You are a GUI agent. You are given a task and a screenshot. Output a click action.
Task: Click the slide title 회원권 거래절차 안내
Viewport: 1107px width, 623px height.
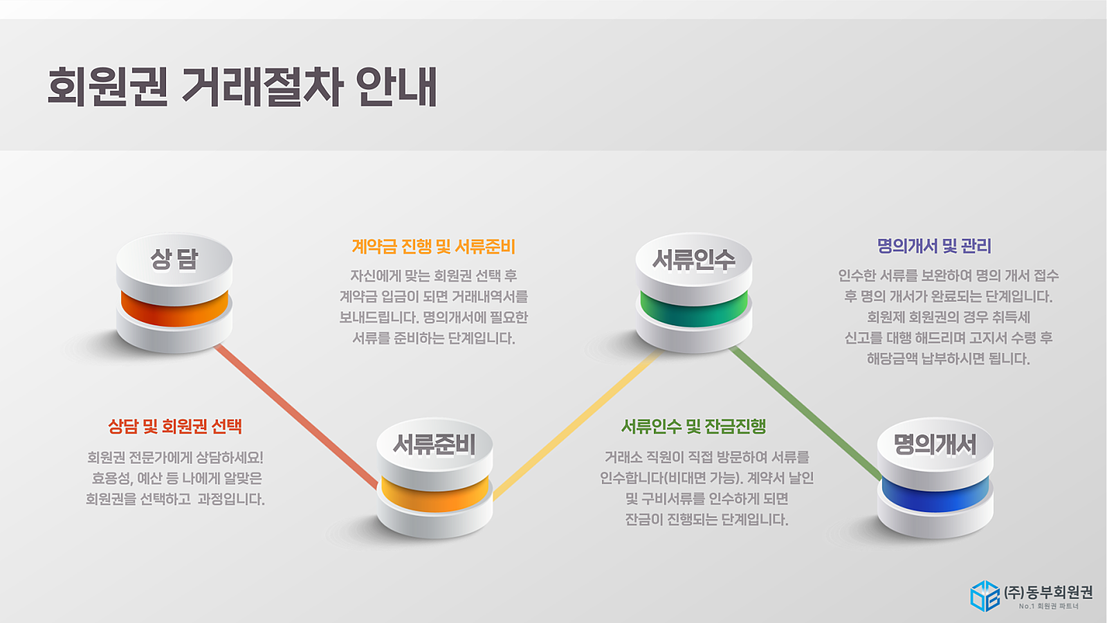click(x=242, y=87)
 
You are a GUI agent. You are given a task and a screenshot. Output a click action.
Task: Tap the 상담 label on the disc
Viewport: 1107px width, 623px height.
click(x=174, y=259)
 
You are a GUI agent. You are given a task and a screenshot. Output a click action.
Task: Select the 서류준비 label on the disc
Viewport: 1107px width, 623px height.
click(x=434, y=444)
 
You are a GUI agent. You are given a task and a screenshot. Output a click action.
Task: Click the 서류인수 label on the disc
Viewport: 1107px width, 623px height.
click(x=694, y=260)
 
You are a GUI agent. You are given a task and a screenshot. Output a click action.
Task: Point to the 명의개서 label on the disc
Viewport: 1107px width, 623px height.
click(x=935, y=444)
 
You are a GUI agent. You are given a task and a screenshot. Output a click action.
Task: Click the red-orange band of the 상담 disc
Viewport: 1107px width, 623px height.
click(x=174, y=309)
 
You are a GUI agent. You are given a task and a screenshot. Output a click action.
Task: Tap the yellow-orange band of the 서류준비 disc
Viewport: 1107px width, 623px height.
click(x=435, y=495)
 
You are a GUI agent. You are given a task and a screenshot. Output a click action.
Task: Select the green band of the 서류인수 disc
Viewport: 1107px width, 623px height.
click(x=694, y=309)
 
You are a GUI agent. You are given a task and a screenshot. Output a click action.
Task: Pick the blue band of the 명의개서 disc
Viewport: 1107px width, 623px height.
click(x=935, y=495)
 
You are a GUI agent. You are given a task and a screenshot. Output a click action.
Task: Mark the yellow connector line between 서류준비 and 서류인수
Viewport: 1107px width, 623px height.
click(x=577, y=425)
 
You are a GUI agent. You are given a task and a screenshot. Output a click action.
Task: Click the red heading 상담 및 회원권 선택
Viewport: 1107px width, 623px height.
click(x=175, y=426)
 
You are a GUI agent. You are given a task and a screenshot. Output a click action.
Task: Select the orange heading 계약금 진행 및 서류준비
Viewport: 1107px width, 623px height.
click(x=433, y=246)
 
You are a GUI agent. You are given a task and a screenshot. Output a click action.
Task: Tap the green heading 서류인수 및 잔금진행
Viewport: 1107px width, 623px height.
click(x=693, y=426)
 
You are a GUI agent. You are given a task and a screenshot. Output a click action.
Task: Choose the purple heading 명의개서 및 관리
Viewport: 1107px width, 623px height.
click(x=934, y=246)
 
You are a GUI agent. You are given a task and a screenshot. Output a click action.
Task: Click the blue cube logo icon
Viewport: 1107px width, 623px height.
click(x=985, y=596)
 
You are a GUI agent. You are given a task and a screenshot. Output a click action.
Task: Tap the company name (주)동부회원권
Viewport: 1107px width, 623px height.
click(x=1048, y=592)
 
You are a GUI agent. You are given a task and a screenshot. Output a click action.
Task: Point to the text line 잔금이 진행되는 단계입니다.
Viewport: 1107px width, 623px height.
click(x=706, y=520)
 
